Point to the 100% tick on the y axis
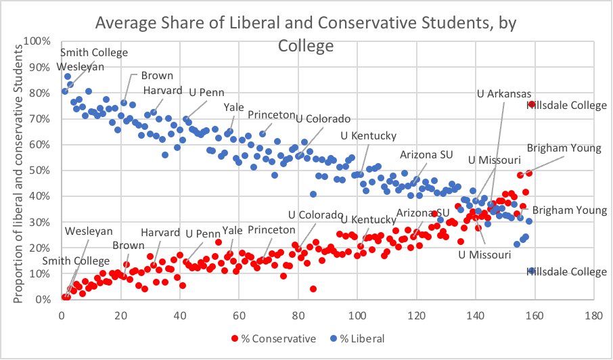coord(38,41)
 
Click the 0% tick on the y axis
coord(43,299)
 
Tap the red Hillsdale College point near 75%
coord(532,104)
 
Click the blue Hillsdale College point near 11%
coord(532,271)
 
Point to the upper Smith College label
coord(93,53)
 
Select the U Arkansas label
coord(504,93)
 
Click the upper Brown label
coord(157,76)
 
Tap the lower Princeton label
coord(271,230)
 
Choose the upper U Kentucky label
coord(368,136)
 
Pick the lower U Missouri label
coord(484,254)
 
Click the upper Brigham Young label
coord(567,148)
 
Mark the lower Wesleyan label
coord(89,231)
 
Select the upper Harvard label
coord(162,90)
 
